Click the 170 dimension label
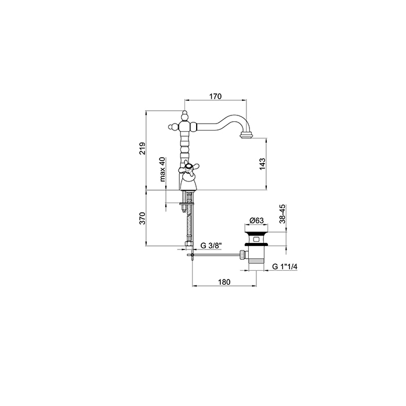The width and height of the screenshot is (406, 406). click(x=215, y=96)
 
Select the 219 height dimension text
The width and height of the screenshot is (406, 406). click(x=142, y=148)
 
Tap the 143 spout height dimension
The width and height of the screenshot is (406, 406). click(x=262, y=164)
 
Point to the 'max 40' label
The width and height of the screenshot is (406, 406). click(x=162, y=169)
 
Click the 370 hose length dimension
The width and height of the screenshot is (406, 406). click(x=142, y=218)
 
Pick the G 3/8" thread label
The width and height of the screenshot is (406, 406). click(x=211, y=245)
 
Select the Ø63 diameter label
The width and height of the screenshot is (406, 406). click(x=256, y=220)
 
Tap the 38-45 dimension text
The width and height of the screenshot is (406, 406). click(x=282, y=214)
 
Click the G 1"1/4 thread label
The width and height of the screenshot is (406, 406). click(x=285, y=267)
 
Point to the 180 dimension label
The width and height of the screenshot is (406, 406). click(x=224, y=282)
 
